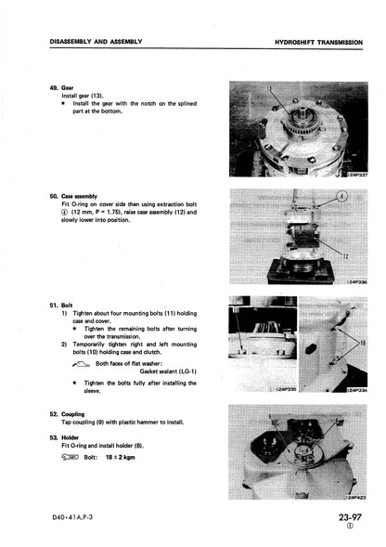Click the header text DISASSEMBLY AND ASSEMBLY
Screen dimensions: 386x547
click(96, 42)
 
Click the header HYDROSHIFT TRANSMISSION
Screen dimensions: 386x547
click(318, 43)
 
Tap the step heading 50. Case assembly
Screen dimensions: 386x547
click(73, 196)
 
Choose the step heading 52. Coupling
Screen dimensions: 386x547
click(67, 414)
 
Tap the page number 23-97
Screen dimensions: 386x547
click(350, 517)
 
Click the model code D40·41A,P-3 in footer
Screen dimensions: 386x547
click(72, 517)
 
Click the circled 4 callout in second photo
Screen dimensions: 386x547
click(341, 197)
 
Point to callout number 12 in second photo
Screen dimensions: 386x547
click(345, 256)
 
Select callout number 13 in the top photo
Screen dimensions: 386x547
click(269, 88)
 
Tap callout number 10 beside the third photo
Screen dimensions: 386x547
click(363, 344)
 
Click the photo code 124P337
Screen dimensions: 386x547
click(356, 175)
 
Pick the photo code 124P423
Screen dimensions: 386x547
click(355, 497)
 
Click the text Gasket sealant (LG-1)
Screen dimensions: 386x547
click(168, 371)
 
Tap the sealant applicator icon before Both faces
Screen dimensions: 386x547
click(81, 364)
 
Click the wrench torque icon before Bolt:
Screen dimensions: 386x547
click(70, 457)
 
